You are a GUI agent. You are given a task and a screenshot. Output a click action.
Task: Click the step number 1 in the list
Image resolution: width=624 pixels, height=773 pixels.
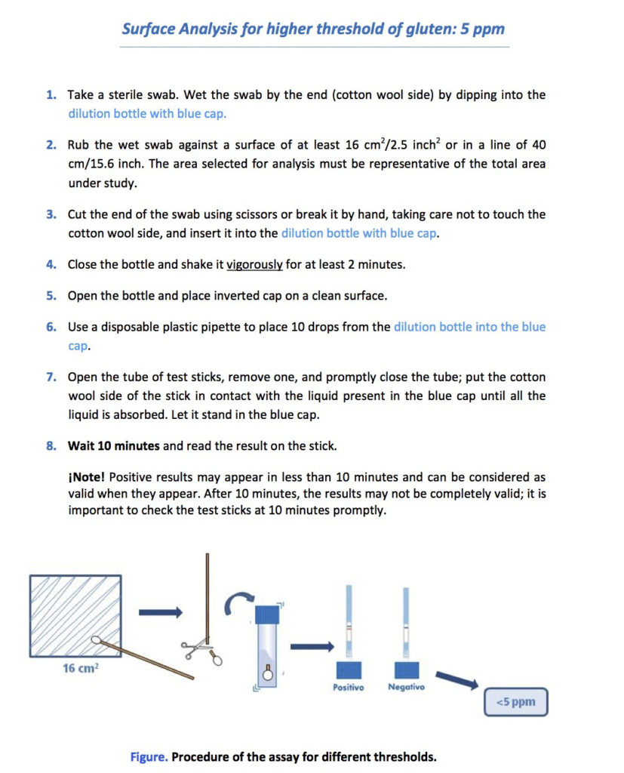tap(51, 96)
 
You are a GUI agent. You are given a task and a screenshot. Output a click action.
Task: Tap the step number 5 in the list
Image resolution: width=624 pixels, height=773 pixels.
tap(51, 296)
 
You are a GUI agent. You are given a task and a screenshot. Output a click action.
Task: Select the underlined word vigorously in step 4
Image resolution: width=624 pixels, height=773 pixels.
tap(254, 265)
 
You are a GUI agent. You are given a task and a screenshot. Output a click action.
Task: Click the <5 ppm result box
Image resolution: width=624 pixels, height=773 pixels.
tap(515, 702)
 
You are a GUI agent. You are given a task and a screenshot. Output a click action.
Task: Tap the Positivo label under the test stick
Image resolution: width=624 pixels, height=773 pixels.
tap(348, 687)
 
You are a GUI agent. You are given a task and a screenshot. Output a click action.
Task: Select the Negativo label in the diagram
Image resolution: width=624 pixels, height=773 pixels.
tap(406, 687)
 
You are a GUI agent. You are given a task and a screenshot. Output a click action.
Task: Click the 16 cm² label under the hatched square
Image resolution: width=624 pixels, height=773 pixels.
tap(80, 669)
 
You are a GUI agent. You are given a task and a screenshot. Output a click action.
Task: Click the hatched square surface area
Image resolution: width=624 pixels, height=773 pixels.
tap(75, 615)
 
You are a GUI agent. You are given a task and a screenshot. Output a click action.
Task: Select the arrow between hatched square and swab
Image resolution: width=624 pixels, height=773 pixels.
tap(159, 612)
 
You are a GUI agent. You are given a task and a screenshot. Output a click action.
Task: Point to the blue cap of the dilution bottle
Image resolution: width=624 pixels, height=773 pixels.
tap(268, 614)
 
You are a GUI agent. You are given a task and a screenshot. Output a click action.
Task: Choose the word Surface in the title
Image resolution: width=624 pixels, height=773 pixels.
tap(149, 29)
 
